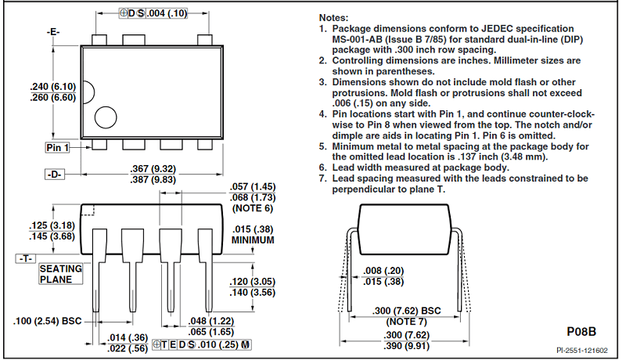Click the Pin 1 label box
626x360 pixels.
pyautogui.click(x=57, y=147)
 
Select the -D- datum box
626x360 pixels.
pyautogui.click(x=53, y=174)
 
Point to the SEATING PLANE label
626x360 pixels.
pyautogui.click(x=60, y=274)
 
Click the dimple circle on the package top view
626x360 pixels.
pyautogui.click(x=106, y=118)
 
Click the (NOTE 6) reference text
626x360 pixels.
pyautogui.click(x=252, y=208)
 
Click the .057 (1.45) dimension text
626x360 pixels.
pyautogui.click(x=252, y=187)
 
